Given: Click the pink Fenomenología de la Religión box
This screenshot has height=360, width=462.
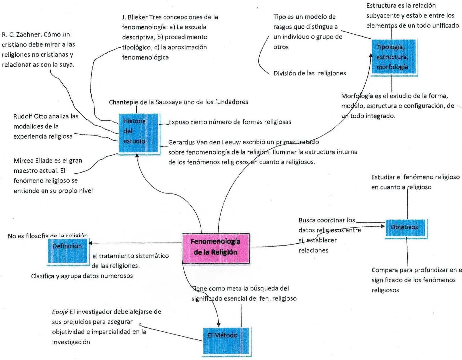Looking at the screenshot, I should click(215, 248).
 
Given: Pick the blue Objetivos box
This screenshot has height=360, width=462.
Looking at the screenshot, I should click(406, 228).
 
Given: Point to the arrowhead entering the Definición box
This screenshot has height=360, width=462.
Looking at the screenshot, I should click(90, 243).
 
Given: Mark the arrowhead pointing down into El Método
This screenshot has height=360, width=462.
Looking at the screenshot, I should click(218, 324).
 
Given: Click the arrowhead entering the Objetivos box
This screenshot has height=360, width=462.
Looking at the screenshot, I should click(383, 226).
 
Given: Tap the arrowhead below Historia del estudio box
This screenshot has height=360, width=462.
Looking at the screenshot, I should click(137, 156).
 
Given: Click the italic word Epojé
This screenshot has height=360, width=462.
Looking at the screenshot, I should click(60, 312).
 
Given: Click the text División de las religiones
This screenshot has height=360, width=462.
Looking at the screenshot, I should click(309, 73).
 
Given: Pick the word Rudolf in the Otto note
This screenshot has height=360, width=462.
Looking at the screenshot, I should click(23, 116).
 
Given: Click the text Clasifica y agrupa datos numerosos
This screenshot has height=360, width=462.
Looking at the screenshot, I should click(82, 276).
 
